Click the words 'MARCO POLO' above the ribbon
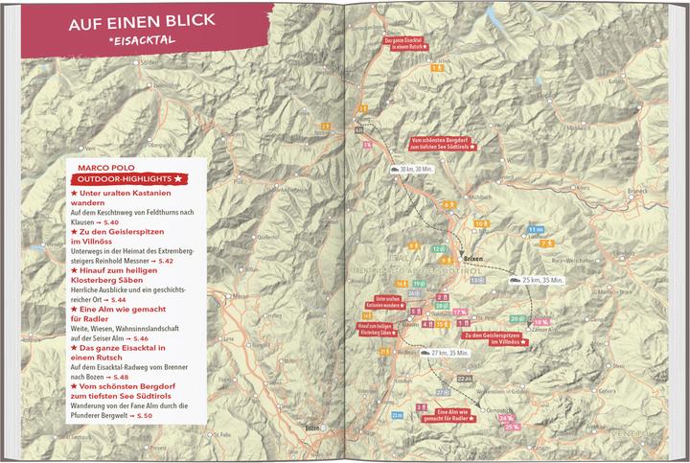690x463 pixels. tap(105, 165)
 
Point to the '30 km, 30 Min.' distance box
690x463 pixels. tap(412, 169)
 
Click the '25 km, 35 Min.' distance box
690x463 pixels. tap(536, 280)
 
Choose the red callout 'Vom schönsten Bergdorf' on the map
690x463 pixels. tap(444, 143)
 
